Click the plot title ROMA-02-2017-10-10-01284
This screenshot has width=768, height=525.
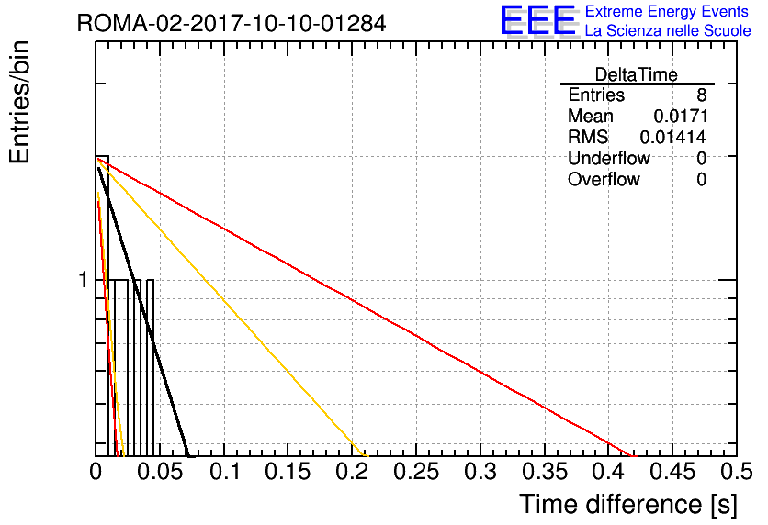point(232,23)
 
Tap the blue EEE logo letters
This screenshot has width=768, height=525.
point(537,20)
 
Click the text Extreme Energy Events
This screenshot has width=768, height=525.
point(667,11)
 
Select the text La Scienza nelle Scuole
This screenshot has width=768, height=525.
point(668,31)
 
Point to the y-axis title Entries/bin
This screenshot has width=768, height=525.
point(20,102)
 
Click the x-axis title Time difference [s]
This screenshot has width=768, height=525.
point(628,504)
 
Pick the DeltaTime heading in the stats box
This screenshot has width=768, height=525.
point(637,74)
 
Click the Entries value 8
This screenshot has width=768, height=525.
point(702,95)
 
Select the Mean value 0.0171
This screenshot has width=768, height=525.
point(681,116)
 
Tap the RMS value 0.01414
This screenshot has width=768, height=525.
point(673,137)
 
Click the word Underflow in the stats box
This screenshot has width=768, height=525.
point(609,158)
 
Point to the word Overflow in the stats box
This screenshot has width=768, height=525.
point(604,179)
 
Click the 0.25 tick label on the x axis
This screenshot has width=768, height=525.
point(416,472)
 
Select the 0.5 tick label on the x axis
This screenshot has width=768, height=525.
point(737,472)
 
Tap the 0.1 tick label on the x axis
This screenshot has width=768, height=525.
point(225,472)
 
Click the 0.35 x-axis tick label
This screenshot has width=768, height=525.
point(545,472)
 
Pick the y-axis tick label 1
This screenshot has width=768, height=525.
point(84,280)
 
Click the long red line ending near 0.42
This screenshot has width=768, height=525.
point(367,307)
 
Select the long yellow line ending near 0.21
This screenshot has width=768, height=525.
point(232,307)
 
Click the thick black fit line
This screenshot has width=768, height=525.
point(143,312)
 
